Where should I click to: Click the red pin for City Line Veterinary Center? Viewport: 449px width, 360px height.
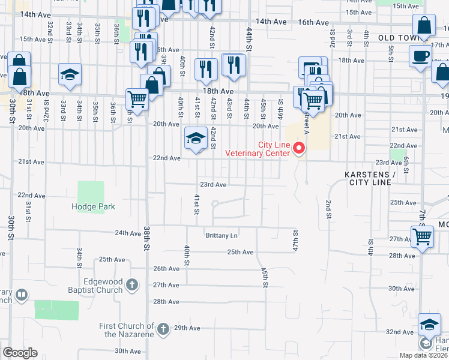point(303,148)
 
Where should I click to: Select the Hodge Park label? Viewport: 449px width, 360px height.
point(93,206)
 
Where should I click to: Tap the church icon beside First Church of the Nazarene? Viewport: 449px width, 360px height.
point(163,328)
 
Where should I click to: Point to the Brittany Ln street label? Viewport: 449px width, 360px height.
point(221,236)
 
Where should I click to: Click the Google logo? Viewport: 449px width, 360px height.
point(20,353)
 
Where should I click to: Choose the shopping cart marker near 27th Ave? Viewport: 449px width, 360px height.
point(421,236)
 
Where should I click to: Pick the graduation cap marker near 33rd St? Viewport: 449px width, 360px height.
point(70,74)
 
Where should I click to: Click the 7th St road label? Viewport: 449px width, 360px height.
point(422,215)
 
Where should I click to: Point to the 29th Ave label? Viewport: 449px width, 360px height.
point(187,328)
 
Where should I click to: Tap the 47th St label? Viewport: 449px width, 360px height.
point(295,237)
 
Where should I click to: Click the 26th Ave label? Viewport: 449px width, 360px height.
point(166,269)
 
